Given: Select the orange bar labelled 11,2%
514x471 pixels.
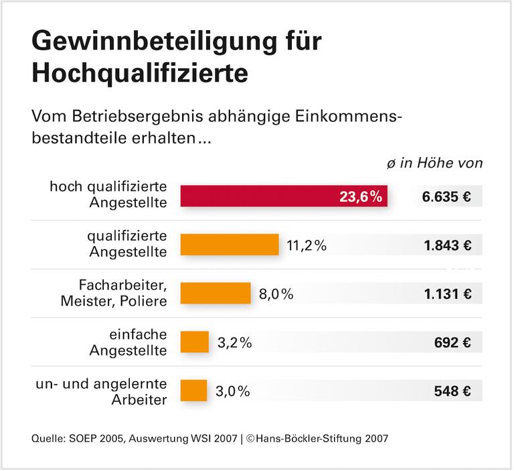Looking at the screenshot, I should click(230, 245).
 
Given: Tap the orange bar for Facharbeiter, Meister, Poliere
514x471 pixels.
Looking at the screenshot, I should click(216, 293).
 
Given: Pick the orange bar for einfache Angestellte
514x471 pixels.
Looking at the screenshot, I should click(195, 342).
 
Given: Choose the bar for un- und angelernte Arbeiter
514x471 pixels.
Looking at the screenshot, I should click(194, 391).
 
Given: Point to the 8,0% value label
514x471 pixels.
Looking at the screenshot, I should click(276, 293).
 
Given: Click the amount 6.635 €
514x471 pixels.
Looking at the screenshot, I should click(447, 197).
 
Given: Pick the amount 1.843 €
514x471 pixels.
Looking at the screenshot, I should click(447, 245).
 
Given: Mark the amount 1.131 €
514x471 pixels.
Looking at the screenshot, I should click(447, 293).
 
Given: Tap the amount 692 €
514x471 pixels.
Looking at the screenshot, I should click(452, 342).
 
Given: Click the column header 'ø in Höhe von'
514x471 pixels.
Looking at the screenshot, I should click(434, 163).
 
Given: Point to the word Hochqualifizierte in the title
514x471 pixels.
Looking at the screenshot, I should click(139, 73).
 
